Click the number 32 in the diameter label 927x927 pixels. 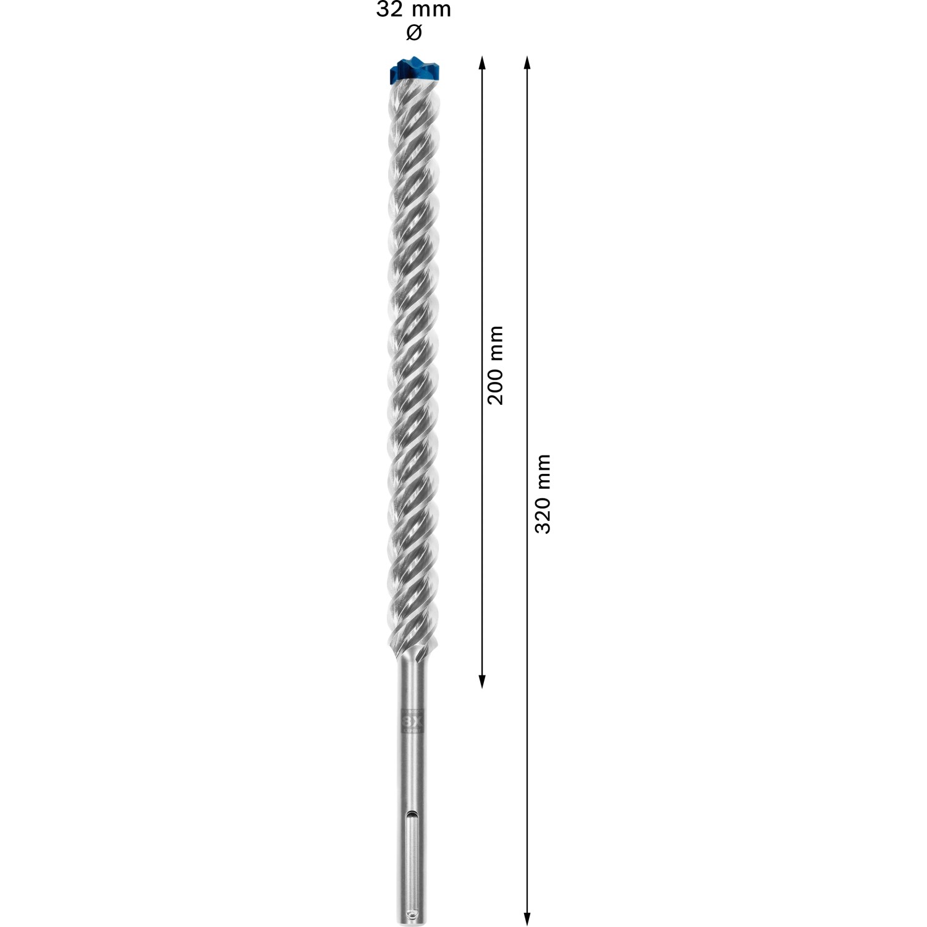[x=388, y=10]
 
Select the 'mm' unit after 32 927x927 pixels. [x=431, y=10]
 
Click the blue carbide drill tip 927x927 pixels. [x=413, y=71]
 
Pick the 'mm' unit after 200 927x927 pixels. [x=495, y=342]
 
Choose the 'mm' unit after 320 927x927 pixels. [x=543, y=471]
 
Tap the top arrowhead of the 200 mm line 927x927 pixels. [x=483, y=62]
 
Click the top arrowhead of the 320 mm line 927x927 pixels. [x=527, y=62]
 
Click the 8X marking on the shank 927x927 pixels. [x=412, y=721]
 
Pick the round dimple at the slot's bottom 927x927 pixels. [x=412, y=896]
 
